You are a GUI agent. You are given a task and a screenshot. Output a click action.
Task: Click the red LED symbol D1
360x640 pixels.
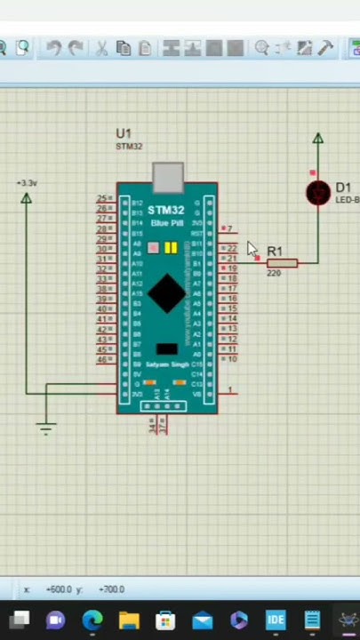click(317, 193)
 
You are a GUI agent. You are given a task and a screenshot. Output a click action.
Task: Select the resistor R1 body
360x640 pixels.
click(282, 263)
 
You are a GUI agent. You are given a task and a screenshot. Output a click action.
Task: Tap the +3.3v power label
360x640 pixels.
click(27, 183)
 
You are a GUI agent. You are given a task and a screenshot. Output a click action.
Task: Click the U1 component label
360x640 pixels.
click(124, 134)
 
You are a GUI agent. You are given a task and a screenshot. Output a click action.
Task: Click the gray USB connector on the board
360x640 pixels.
click(167, 176)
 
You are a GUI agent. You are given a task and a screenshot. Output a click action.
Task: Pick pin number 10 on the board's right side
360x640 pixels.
click(232, 359)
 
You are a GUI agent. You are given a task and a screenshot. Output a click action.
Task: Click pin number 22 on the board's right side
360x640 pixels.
click(232, 249)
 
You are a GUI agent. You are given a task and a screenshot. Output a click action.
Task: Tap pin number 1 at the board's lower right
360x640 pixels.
click(230, 390)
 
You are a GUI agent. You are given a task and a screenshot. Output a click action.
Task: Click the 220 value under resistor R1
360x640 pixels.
click(274, 274)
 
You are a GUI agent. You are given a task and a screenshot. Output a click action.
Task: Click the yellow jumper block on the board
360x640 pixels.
click(171, 247)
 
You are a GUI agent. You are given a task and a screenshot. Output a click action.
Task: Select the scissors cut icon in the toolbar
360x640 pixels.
click(101, 48)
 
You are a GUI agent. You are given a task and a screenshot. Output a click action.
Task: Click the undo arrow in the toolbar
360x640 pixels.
click(53, 48)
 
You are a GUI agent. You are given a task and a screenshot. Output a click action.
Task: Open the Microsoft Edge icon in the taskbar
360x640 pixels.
click(92, 620)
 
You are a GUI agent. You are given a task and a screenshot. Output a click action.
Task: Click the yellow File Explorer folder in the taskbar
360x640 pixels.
click(129, 620)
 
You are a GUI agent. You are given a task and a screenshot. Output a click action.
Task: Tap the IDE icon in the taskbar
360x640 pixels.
click(276, 620)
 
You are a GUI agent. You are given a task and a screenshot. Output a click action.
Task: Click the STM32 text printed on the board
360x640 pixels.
click(166, 211)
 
